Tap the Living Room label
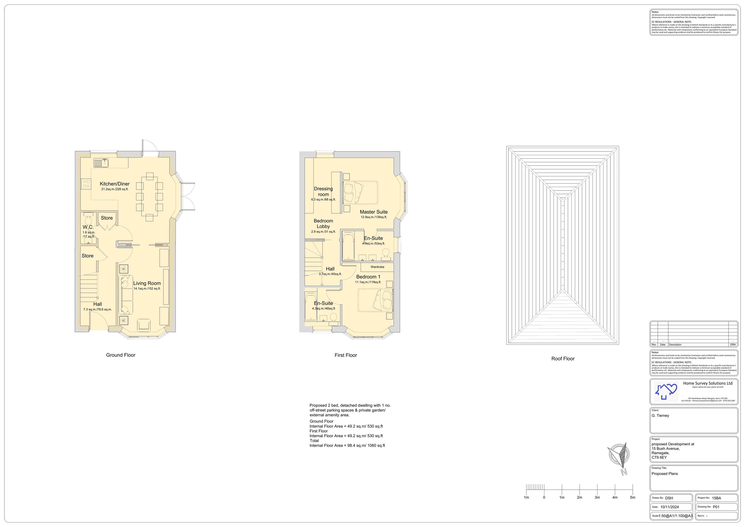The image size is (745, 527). [x=147, y=283]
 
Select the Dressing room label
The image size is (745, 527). [x=323, y=191]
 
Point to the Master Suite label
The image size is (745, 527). [x=373, y=212]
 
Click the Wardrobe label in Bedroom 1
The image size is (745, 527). [x=377, y=267]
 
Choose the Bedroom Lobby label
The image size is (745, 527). [x=323, y=224]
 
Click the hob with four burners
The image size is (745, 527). [x=86, y=184]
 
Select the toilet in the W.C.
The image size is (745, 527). [x=88, y=217]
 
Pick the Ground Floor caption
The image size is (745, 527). [x=121, y=355]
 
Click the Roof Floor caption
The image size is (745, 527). [x=563, y=359]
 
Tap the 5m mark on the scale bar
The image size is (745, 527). [x=633, y=497]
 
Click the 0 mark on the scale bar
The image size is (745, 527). [x=544, y=497]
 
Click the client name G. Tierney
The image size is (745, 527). [x=660, y=416]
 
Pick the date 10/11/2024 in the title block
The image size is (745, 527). [x=670, y=507]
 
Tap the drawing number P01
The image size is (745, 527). [x=716, y=507]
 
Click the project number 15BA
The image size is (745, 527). [x=716, y=498]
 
